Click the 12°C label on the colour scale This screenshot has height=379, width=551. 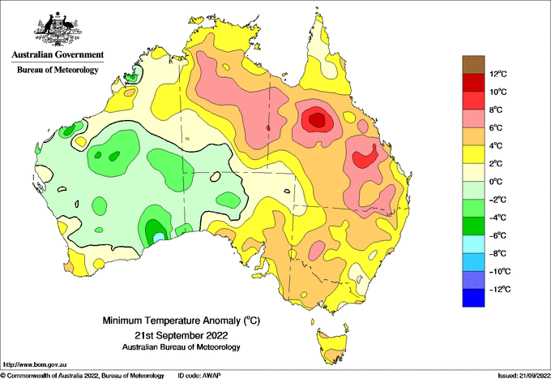[498, 74]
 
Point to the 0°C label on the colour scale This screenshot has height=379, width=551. [496, 182]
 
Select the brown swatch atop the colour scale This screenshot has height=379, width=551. [473, 64]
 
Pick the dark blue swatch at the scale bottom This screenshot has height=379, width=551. [473, 298]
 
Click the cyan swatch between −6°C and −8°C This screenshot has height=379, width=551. [473, 243]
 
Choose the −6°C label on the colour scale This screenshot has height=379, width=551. [498, 235]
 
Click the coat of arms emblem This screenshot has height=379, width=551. [58, 29]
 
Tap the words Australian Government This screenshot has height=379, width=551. [58, 54]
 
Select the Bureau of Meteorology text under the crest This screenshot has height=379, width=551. [58, 70]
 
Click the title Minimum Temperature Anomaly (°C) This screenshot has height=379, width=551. [181, 321]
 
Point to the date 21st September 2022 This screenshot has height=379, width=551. [181, 334]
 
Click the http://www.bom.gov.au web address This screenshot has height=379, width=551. [34, 364]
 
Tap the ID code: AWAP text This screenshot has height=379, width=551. [199, 376]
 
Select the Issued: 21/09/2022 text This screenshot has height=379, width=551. [523, 376]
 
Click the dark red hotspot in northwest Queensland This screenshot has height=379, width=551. [318, 119]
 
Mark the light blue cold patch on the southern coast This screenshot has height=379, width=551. [159, 237]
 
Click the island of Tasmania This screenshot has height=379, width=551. [332, 345]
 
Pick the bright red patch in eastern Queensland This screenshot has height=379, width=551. [365, 157]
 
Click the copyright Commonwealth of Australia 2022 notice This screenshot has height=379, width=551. [83, 376]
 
